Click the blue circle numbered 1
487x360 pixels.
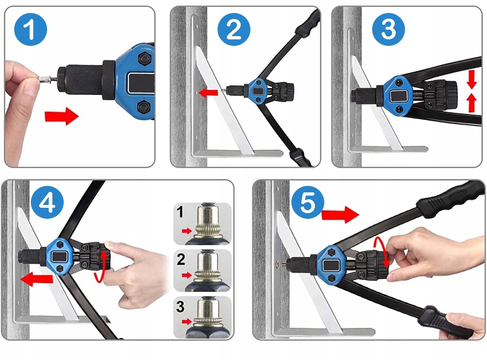(x=30, y=30)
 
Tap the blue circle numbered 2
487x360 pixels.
(x=234, y=30)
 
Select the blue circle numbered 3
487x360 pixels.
(x=388, y=30)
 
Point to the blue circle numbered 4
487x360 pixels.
(x=47, y=202)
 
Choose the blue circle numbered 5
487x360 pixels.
(x=307, y=202)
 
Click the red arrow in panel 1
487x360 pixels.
(x=62, y=116)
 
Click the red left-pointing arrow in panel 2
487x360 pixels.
(x=208, y=93)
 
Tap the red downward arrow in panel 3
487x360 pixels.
(x=472, y=80)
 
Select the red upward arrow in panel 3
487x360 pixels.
(x=472, y=103)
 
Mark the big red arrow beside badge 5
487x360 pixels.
(x=340, y=215)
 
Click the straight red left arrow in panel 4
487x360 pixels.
(x=37, y=279)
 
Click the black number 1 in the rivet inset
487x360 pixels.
(x=180, y=212)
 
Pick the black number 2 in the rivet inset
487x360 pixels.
(x=181, y=259)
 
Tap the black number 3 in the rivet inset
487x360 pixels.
(x=180, y=306)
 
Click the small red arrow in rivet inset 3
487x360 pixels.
(x=187, y=322)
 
